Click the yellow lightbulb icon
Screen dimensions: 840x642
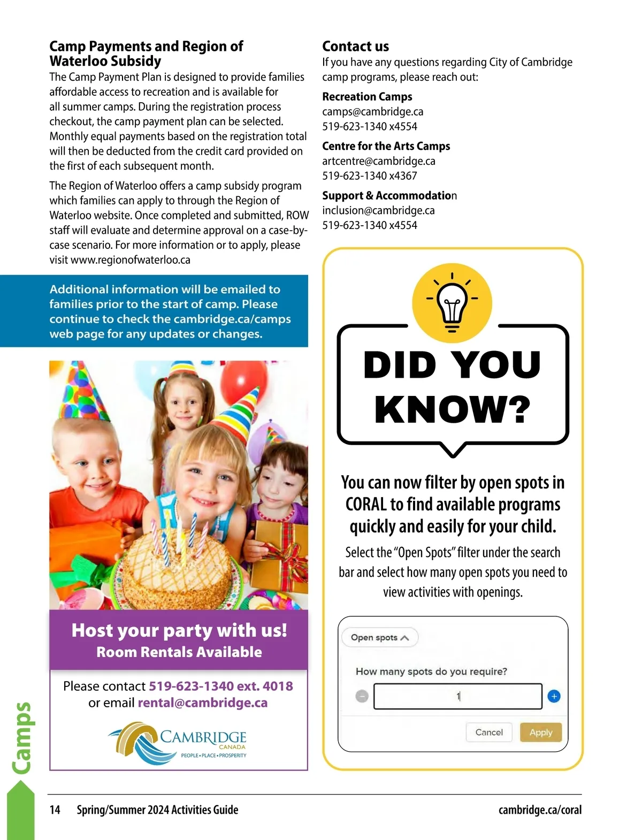click(452, 303)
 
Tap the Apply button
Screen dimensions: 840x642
click(540, 732)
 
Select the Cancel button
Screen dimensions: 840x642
click(489, 732)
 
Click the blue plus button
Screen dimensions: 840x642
click(554, 696)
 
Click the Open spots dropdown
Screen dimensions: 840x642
click(380, 637)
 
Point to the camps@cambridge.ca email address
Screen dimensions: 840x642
click(372, 112)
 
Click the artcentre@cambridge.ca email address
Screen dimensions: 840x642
click(378, 161)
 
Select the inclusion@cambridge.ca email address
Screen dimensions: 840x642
click(378, 210)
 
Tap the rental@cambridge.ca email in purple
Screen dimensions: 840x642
click(202, 702)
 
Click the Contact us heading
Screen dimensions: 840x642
click(355, 47)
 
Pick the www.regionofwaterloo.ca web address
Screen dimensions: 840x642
click(130, 260)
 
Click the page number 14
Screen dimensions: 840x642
click(55, 810)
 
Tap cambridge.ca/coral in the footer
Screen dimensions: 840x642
click(540, 810)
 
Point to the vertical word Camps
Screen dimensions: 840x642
click(21, 738)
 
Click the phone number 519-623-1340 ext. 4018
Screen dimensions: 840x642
click(220, 686)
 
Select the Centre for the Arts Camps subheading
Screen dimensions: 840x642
click(386, 146)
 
